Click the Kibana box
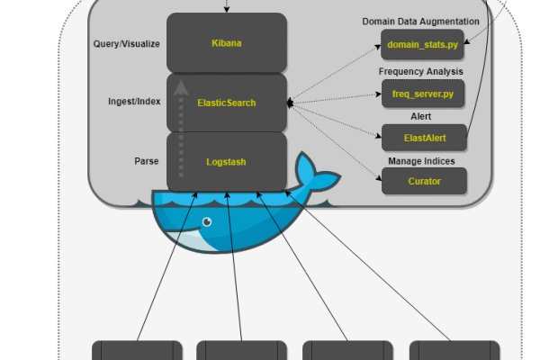click(227, 42)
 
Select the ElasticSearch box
click(227, 103)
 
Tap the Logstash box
click(227, 162)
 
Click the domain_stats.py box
click(423, 43)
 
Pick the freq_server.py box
click(423, 93)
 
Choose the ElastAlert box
click(423, 139)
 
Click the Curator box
click(423, 181)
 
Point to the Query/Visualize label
click(126, 42)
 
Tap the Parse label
click(146, 162)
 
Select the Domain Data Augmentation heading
click(420, 21)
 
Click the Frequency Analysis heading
click(421, 71)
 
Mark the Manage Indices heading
click(421, 160)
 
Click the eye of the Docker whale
click(208, 221)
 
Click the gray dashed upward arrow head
click(182, 87)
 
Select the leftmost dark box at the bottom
click(137, 350)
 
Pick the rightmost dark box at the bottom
click(454, 350)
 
